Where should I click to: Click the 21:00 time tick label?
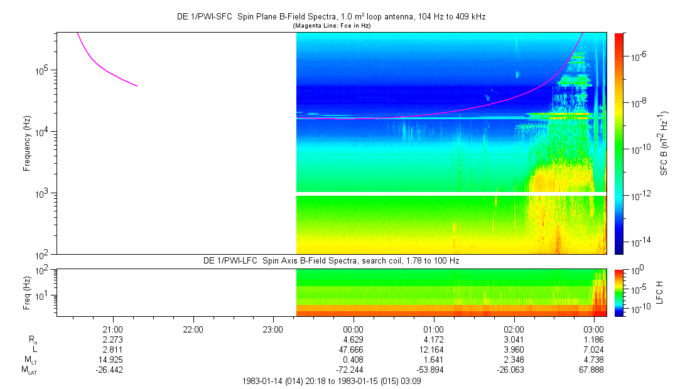click(x=112, y=329)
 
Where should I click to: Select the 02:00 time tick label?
click(x=514, y=329)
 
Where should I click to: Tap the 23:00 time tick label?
click(x=273, y=329)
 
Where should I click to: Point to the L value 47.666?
click(x=353, y=349)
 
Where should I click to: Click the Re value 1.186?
click(x=594, y=339)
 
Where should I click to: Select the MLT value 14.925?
click(x=112, y=360)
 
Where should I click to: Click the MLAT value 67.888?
click(x=594, y=370)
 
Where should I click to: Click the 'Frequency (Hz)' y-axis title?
click(x=27, y=144)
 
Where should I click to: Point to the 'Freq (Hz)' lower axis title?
click(x=27, y=293)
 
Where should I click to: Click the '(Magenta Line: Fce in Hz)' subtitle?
click(x=332, y=26)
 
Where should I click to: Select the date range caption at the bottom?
click(x=332, y=381)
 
